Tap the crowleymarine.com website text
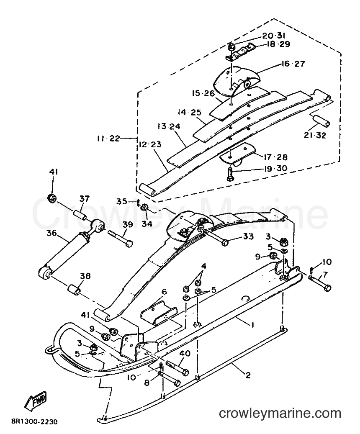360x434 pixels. (280, 413)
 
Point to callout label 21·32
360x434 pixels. (315, 135)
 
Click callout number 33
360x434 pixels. (248, 236)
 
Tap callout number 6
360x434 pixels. (164, 292)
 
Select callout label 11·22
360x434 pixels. (108, 139)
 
